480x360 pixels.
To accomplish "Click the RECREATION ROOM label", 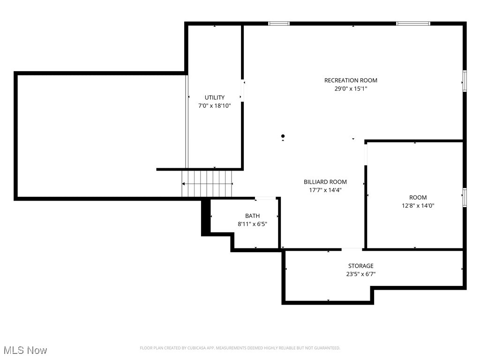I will click(351, 80).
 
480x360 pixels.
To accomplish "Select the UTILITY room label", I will click(214, 97).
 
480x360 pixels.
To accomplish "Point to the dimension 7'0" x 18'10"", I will click(214, 105).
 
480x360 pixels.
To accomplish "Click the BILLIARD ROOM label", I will click(325, 182).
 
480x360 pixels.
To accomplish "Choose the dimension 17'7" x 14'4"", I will click(325, 190).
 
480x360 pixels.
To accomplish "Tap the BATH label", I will click(252, 216).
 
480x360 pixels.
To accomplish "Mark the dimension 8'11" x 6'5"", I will click(252, 224).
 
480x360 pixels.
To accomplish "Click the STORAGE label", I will click(360, 266).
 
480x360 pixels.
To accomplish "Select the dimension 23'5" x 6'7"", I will click(360, 274).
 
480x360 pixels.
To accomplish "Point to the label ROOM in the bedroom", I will click(418, 197).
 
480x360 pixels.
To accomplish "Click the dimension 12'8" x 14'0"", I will click(418, 205).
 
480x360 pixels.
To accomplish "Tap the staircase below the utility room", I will click(207, 184).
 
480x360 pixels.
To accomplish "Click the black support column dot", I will click(283, 136).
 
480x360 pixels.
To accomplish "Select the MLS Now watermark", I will click(25, 350).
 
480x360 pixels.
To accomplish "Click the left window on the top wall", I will click(278, 23).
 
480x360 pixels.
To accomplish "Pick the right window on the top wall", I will click(413, 23).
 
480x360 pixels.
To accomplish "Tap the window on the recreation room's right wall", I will click(464, 81).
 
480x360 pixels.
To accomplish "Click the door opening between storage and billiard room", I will click(352, 249).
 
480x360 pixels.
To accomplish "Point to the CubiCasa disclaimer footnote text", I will click(240, 348).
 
